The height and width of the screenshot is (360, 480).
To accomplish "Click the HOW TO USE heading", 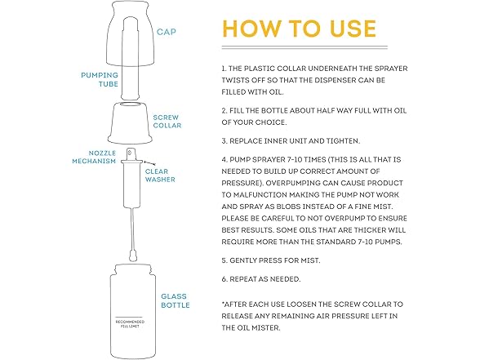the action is point(299,29).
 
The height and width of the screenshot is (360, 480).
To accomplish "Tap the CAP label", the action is point(167,32).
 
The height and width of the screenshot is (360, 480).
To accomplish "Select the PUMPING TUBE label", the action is point(100,80).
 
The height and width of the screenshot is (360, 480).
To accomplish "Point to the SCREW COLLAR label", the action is point(167,122).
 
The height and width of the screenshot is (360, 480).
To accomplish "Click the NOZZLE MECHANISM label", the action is point(94,157).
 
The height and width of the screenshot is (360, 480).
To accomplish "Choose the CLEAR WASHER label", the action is point(160,176).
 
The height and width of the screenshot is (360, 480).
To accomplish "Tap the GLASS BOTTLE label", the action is point(176,300).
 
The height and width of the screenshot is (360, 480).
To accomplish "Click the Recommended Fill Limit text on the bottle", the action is point(130,324).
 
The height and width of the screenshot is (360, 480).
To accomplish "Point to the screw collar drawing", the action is point(130,123).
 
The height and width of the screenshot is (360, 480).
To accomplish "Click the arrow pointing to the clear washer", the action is point(149,162).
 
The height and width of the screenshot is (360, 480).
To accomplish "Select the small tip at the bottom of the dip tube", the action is point(133,256).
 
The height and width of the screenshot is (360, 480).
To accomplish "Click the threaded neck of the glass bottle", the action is point(133,269).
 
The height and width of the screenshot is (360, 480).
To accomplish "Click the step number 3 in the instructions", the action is point(224,141).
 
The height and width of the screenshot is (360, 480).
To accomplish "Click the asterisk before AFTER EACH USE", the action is point(223,303).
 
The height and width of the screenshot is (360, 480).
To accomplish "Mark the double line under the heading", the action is point(304,47).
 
